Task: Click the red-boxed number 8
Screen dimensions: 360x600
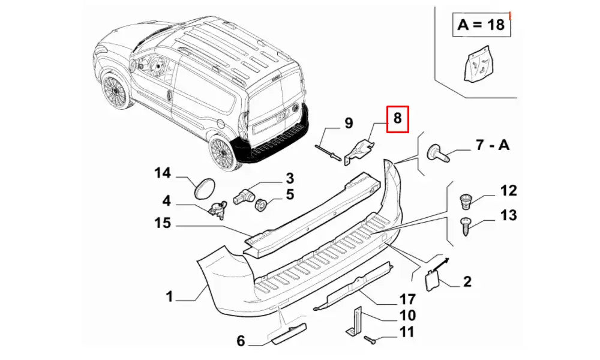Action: [397, 119]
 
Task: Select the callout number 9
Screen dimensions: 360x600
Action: [349, 124]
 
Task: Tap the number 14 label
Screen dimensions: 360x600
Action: [163, 173]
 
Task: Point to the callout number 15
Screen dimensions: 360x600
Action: [163, 223]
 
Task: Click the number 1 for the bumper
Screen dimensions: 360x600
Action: [170, 296]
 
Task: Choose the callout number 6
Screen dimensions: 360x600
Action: [241, 341]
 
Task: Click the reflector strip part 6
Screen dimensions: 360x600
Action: [290, 332]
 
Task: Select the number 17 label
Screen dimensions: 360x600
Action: [407, 298]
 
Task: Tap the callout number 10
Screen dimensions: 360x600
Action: [407, 316]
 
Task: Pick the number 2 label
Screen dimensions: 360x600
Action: [467, 280]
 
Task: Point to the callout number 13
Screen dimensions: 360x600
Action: [508, 215]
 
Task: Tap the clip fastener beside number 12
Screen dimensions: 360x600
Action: [466, 199]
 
